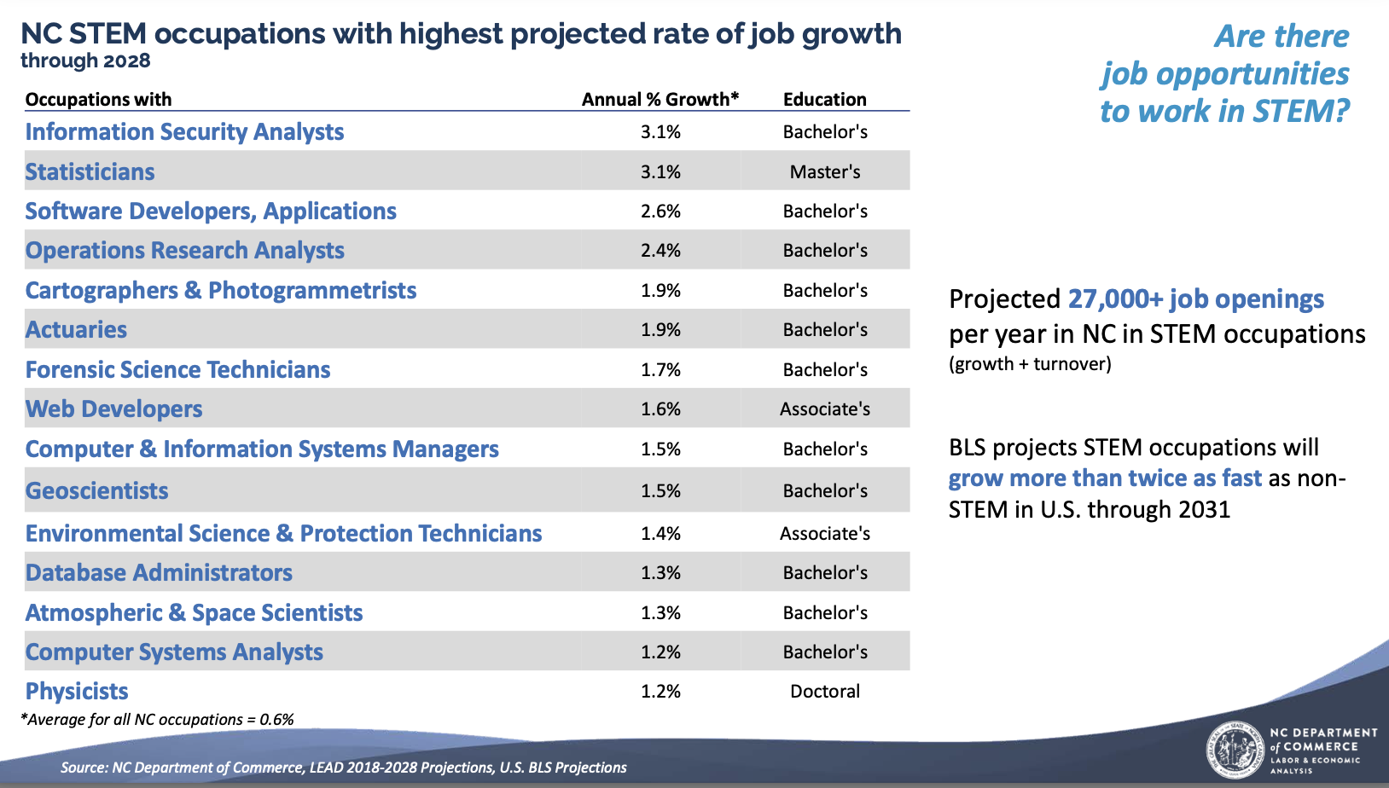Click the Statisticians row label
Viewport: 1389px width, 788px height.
tap(90, 171)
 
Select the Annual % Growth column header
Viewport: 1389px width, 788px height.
tap(660, 99)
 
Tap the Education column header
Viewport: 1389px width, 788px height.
tap(824, 99)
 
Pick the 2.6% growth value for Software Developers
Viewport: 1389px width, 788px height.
tap(660, 211)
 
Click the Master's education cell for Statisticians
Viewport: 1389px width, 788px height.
tap(824, 171)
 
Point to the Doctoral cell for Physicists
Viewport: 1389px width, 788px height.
tap(824, 691)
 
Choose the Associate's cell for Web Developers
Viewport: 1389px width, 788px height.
tap(824, 408)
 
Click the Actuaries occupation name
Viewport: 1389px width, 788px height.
tap(76, 329)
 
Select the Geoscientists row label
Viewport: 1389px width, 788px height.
tap(96, 490)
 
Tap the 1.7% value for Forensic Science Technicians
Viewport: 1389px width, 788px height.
tap(660, 369)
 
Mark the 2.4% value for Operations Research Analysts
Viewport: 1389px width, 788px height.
tap(660, 250)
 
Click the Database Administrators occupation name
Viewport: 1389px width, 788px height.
tap(159, 572)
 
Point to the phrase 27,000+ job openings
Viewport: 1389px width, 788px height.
tap(1195, 298)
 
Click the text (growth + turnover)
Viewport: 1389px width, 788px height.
tap(1030, 364)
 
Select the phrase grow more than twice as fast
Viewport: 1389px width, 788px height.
tap(1104, 478)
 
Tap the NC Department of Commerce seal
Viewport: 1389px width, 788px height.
tap(1235, 750)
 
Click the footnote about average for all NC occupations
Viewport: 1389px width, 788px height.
tap(157, 719)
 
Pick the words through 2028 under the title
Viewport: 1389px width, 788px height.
tap(85, 61)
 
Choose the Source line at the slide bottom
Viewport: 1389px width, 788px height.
tap(343, 767)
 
